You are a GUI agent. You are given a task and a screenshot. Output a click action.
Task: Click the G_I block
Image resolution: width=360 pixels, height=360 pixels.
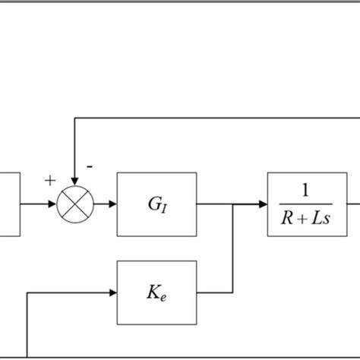pos(156,204)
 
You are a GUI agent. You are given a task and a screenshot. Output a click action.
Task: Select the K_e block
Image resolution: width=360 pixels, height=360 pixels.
pos(156,292)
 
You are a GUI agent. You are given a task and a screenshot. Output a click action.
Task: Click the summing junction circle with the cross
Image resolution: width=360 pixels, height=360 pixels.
pos(74,204)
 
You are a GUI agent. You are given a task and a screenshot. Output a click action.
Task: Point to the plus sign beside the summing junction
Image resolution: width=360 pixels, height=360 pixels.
pos(50,181)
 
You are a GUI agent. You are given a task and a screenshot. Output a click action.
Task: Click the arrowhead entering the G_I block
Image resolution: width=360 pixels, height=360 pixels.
pos(112,204)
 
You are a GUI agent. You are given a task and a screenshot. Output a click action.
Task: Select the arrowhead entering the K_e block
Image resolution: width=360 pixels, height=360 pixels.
pos(112,292)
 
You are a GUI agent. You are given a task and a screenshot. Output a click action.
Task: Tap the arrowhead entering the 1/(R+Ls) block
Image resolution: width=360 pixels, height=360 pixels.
pos(263,204)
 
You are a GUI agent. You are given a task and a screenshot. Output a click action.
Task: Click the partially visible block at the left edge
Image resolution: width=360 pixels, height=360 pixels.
pos(9,204)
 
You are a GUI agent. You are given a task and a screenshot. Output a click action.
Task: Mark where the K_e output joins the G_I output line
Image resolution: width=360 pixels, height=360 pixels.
pos(232,204)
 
